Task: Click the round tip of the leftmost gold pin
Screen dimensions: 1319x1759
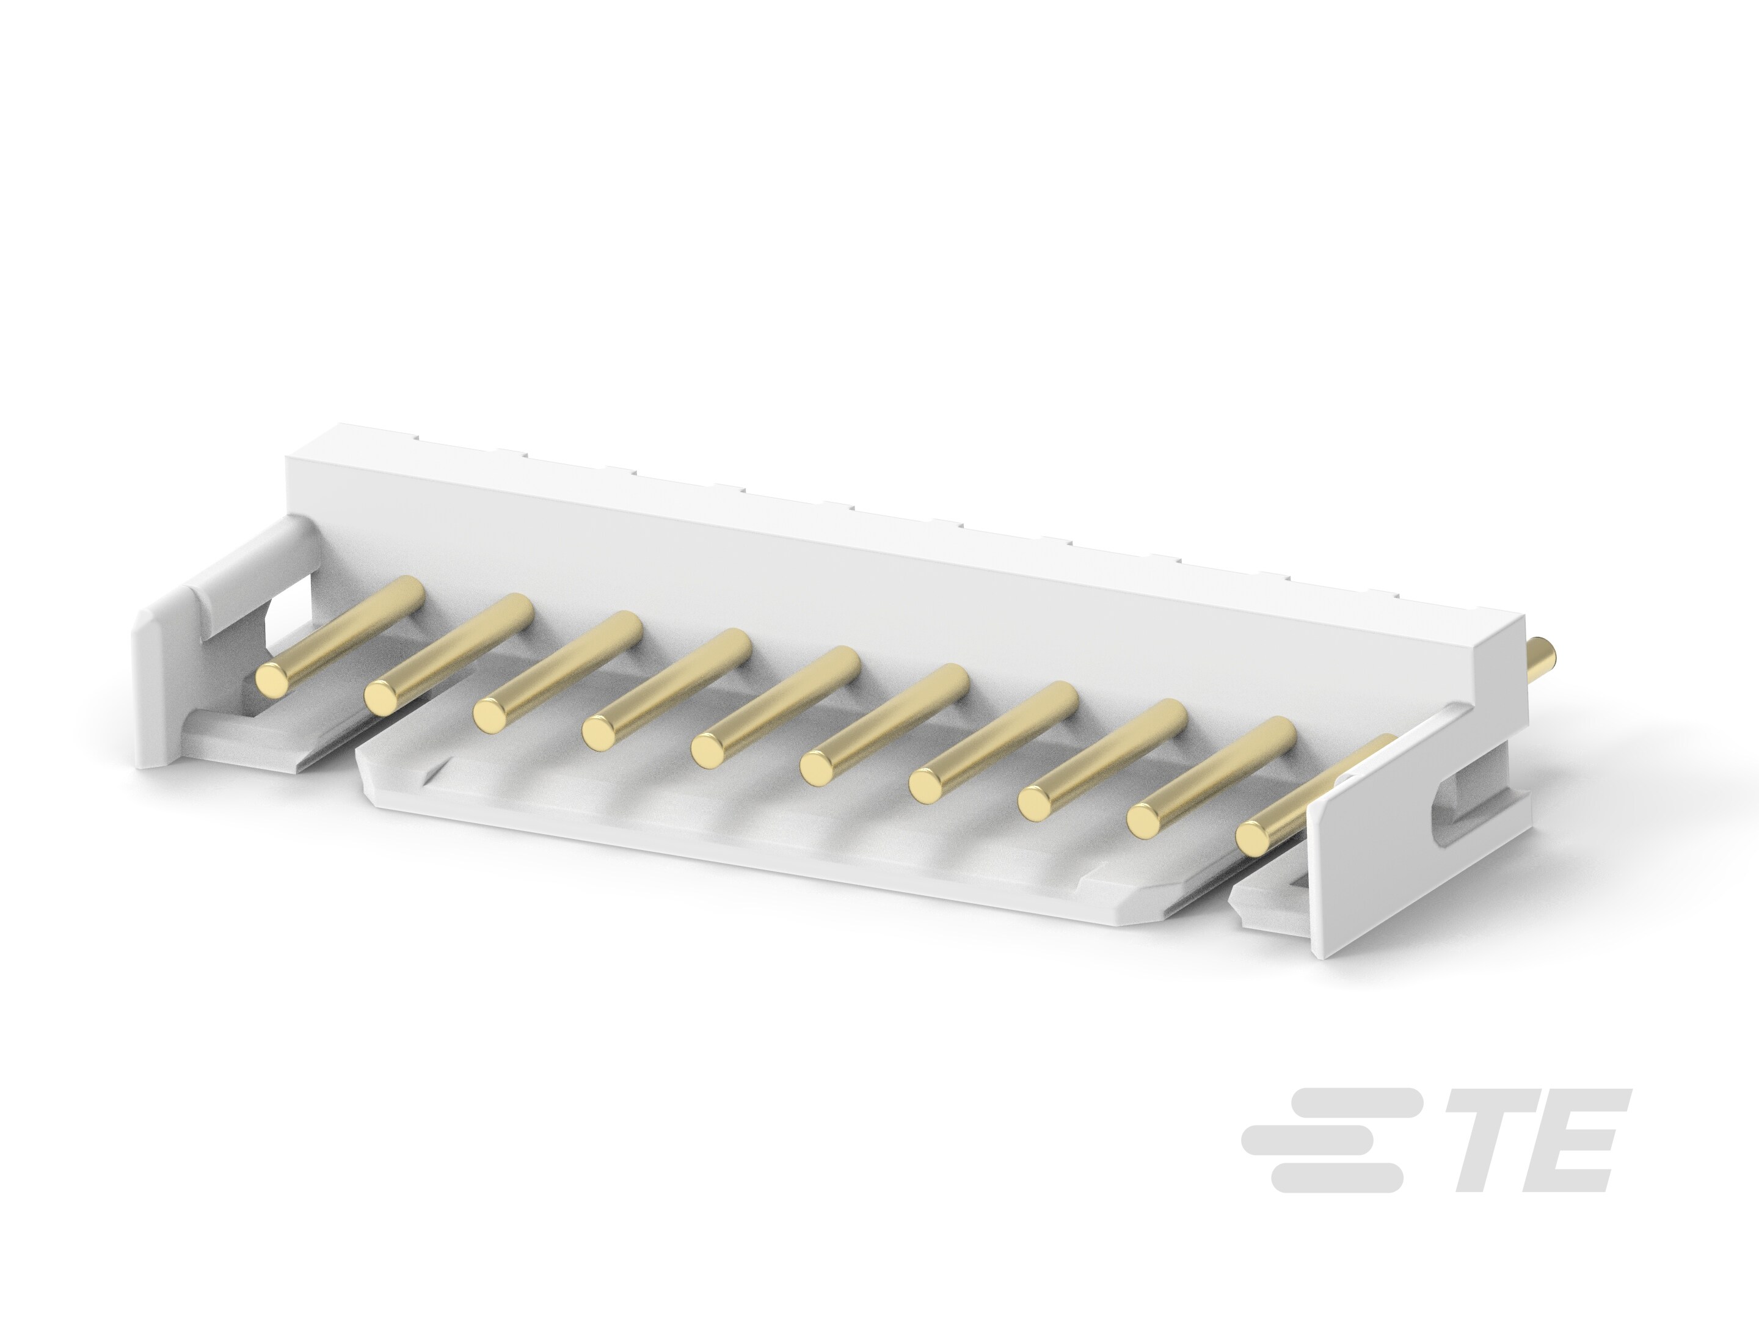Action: [x=273, y=678]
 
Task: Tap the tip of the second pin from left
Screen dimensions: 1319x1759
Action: [x=382, y=697]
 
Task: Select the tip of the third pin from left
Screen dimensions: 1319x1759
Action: [x=490, y=714]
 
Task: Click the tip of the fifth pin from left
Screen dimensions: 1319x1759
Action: [x=708, y=750]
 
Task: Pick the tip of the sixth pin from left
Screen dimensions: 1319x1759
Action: [x=817, y=767]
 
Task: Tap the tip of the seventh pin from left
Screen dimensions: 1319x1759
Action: [x=927, y=785]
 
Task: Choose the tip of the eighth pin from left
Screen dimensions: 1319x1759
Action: [x=1035, y=803]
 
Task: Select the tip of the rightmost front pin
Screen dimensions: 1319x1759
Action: [x=1253, y=837]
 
